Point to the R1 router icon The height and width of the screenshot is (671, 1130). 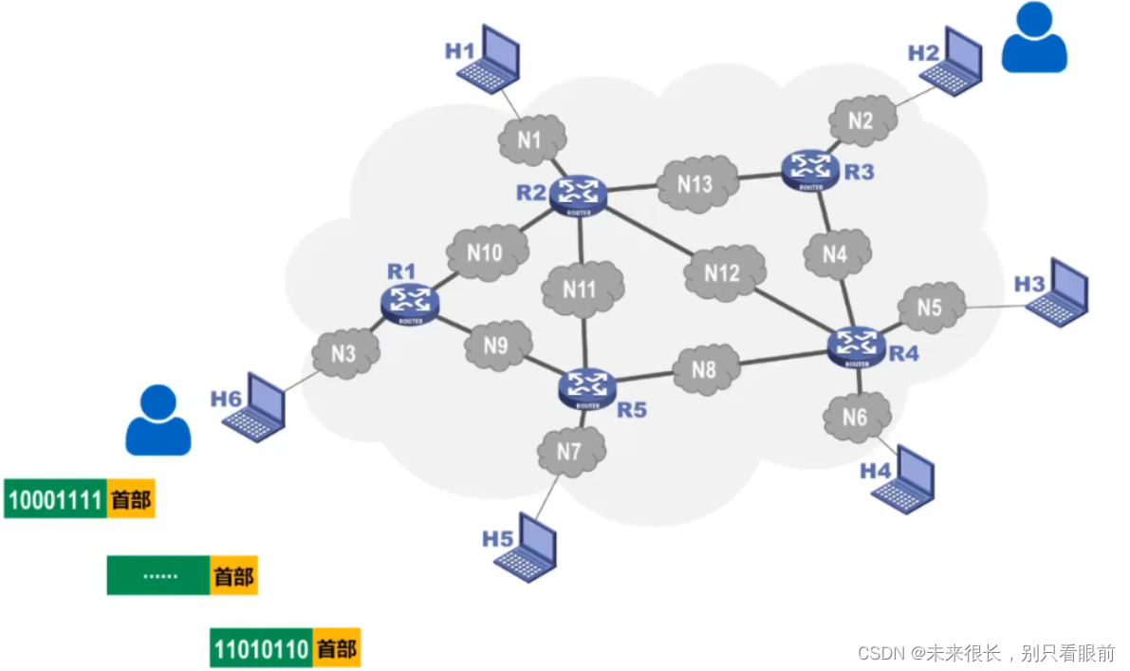point(410,303)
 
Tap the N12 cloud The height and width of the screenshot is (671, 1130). point(723,273)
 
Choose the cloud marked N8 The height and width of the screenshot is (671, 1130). point(703,369)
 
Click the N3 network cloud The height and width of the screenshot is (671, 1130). point(344,354)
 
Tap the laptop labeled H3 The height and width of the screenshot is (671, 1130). point(1058,289)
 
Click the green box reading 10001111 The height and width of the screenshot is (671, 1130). point(55,499)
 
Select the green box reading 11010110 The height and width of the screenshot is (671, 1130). point(262,650)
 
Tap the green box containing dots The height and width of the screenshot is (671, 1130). point(157,575)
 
